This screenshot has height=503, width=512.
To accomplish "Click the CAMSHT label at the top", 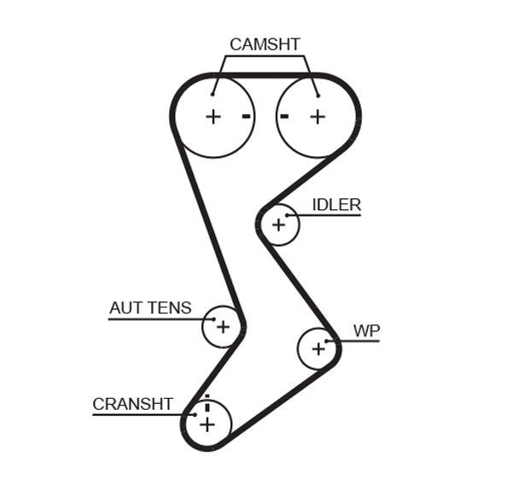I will point(265,44).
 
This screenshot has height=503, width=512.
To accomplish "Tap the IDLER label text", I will point(336,205).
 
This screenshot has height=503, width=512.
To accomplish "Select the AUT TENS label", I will point(150,308).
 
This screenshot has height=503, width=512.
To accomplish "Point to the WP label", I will point(366,330).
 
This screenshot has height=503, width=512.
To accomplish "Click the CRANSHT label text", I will point(132,404).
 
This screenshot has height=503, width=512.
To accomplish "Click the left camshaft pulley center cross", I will point(212,117).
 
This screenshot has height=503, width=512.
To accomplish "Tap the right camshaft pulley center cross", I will point(317,117).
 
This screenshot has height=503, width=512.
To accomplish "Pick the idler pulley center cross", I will point(277,225).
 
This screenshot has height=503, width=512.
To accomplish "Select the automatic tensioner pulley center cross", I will point(223,326).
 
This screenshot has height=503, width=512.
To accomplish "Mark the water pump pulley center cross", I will point(318,348).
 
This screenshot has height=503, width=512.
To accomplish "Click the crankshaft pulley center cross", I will point(207,423).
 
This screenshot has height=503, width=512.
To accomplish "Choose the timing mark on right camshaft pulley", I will point(285,116).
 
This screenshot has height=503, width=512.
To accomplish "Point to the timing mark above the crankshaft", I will point(207,398).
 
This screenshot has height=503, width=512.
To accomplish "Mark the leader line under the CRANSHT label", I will point(137,415).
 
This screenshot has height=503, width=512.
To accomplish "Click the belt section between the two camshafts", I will point(265,75).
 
